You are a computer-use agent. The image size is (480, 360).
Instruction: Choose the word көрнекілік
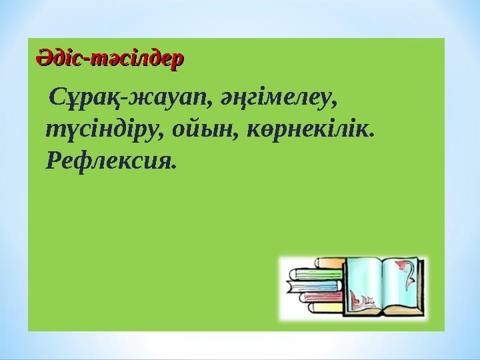click(312, 131)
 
